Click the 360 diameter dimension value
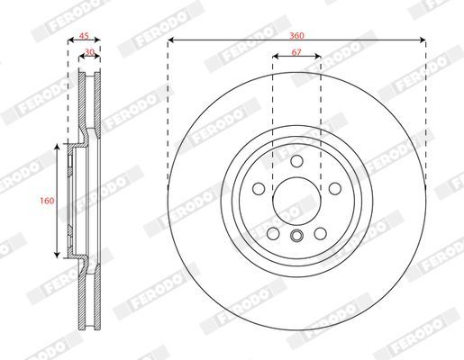pos(296,36)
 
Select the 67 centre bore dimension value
pos(296,52)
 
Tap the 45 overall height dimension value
pos(84,36)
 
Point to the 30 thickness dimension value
pos(90,52)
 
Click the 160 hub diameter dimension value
pos(47,201)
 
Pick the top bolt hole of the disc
pos(296,161)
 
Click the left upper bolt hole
pos(259,189)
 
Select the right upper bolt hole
pos(335,189)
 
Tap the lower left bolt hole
pos(273,233)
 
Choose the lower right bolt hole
pos(320,233)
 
